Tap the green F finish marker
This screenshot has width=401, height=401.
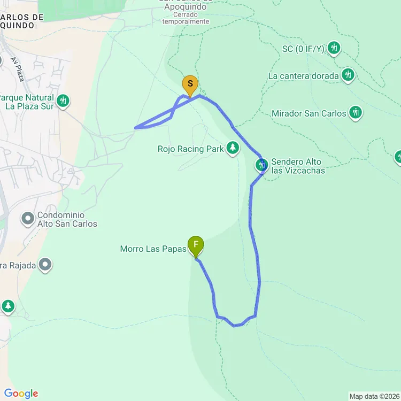[x=196, y=246]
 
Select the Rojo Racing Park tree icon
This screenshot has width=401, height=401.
[x=233, y=148]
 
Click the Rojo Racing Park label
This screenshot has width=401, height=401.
[x=190, y=149]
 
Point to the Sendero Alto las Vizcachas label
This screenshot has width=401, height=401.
[x=298, y=166]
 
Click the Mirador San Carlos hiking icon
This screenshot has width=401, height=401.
[x=356, y=113]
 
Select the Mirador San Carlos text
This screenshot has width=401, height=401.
[x=309, y=113]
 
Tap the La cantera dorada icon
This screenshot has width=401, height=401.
[x=348, y=74]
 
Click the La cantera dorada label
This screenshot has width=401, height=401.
[x=303, y=76]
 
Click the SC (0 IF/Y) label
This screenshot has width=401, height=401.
[x=303, y=49]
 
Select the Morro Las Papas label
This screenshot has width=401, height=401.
[x=153, y=249]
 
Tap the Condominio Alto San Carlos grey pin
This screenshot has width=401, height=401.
[x=27, y=218]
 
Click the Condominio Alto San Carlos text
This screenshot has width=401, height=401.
[x=67, y=219]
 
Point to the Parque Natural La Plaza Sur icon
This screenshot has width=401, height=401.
[x=63, y=100]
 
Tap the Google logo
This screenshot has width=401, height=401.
[x=20, y=394]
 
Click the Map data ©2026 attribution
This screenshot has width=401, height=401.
[x=374, y=396]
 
